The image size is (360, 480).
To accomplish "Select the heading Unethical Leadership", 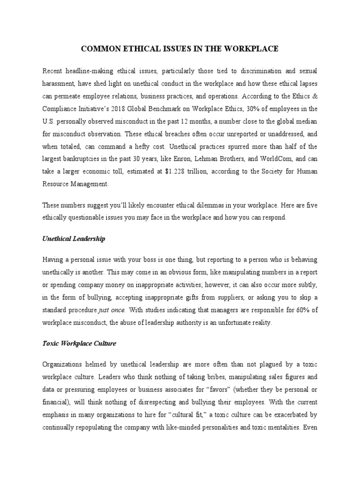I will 74,239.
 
